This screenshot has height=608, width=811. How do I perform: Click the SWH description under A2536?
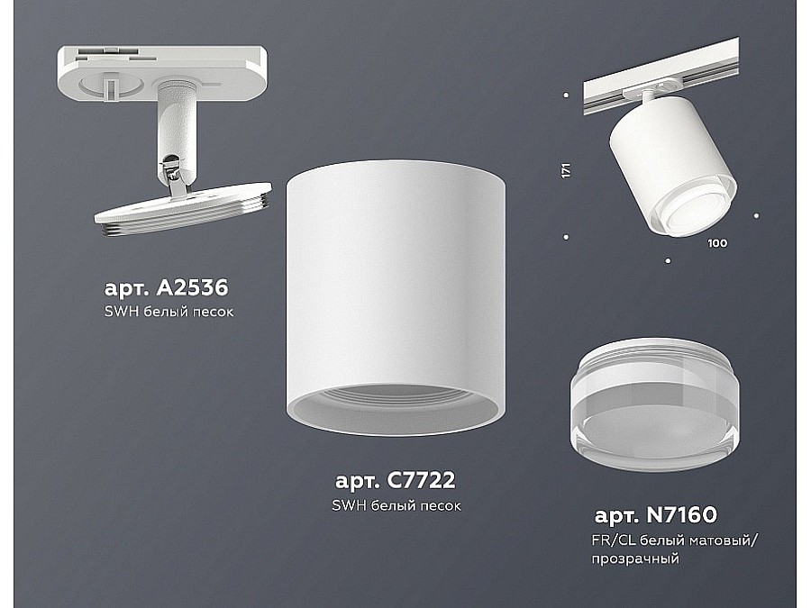[x=169, y=312]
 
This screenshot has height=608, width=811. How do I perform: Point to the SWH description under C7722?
[x=396, y=505]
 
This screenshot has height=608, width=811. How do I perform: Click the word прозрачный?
[x=635, y=558]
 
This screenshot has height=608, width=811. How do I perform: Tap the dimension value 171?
[x=567, y=170]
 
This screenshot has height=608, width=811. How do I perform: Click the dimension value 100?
[x=717, y=242]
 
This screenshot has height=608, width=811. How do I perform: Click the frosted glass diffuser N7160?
[x=655, y=404]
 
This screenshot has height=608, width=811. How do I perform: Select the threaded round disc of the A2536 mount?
[x=184, y=209]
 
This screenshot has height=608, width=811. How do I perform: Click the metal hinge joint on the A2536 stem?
[x=174, y=175]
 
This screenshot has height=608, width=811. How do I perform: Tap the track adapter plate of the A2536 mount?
[x=162, y=75]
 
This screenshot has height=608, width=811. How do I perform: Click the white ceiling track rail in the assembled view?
[x=661, y=77]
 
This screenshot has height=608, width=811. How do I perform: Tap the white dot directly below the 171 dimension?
[x=567, y=237]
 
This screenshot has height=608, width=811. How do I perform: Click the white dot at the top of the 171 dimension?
[x=567, y=95]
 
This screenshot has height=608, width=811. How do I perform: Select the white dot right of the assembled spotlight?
[x=756, y=215]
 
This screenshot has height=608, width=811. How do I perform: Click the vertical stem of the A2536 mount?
[x=177, y=124]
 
